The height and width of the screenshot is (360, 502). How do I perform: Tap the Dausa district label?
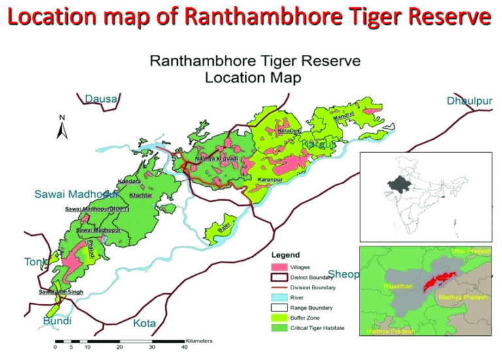coord(101,99)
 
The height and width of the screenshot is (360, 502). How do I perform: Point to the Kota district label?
coord(144,323)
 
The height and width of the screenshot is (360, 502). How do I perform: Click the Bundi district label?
coord(58,321)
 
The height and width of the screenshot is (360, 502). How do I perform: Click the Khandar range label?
coord(141,195)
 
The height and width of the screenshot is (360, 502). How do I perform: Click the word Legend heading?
coord(285,255)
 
